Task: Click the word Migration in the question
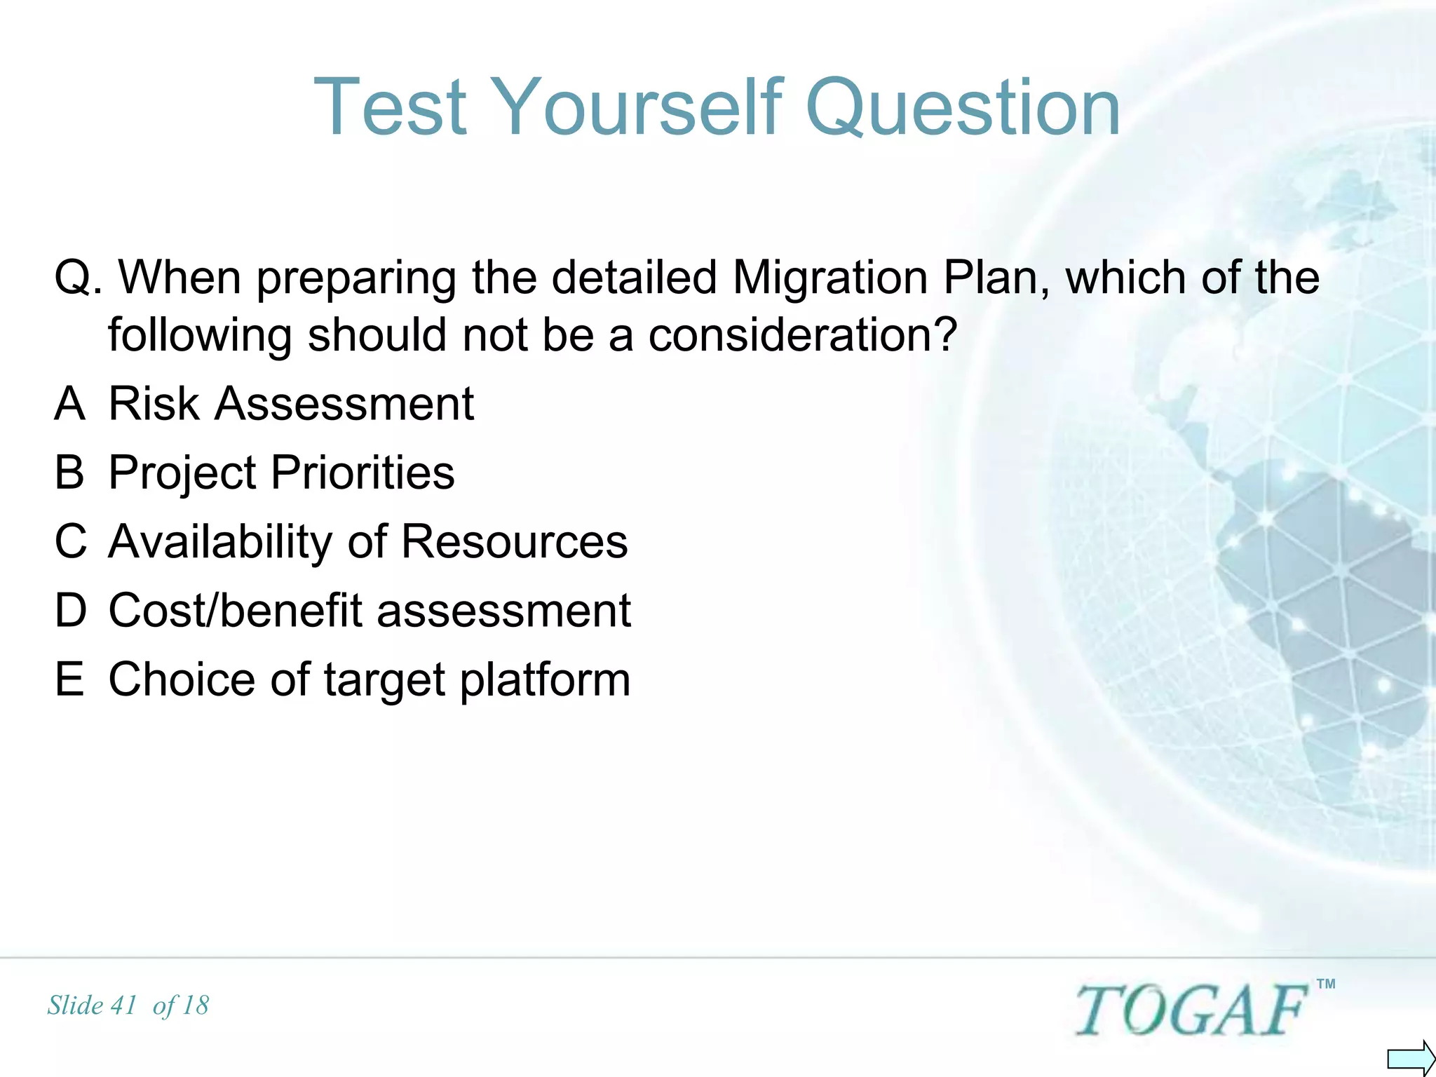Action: coord(830,277)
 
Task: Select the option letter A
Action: coord(69,404)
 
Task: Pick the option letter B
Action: coord(69,473)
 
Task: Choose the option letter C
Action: coord(71,541)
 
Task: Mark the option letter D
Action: coord(71,610)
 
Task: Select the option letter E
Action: coord(69,679)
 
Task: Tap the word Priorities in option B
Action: coord(363,473)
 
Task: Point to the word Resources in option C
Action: coord(514,541)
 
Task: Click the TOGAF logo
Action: coord(1191,1010)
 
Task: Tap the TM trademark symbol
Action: coord(1326,984)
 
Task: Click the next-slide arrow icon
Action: coord(1410,1057)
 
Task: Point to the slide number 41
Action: coord(123,1005)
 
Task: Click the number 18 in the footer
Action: coord(195,1005)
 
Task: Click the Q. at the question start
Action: coord(78,278)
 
